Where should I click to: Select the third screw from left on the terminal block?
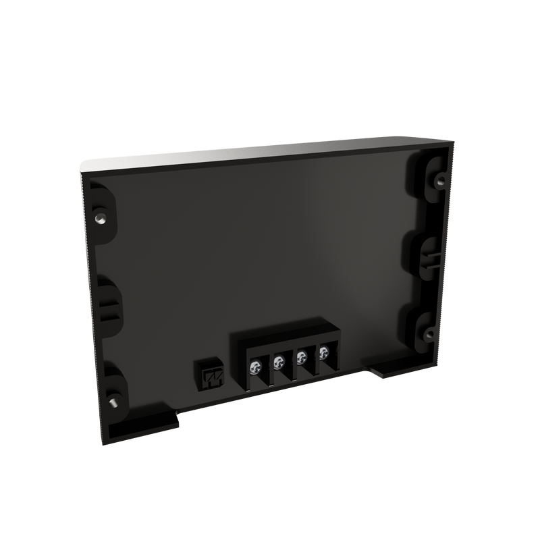point(302,356)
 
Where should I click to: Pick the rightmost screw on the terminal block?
point(323,350)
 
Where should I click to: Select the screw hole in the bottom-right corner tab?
point(428,331)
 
